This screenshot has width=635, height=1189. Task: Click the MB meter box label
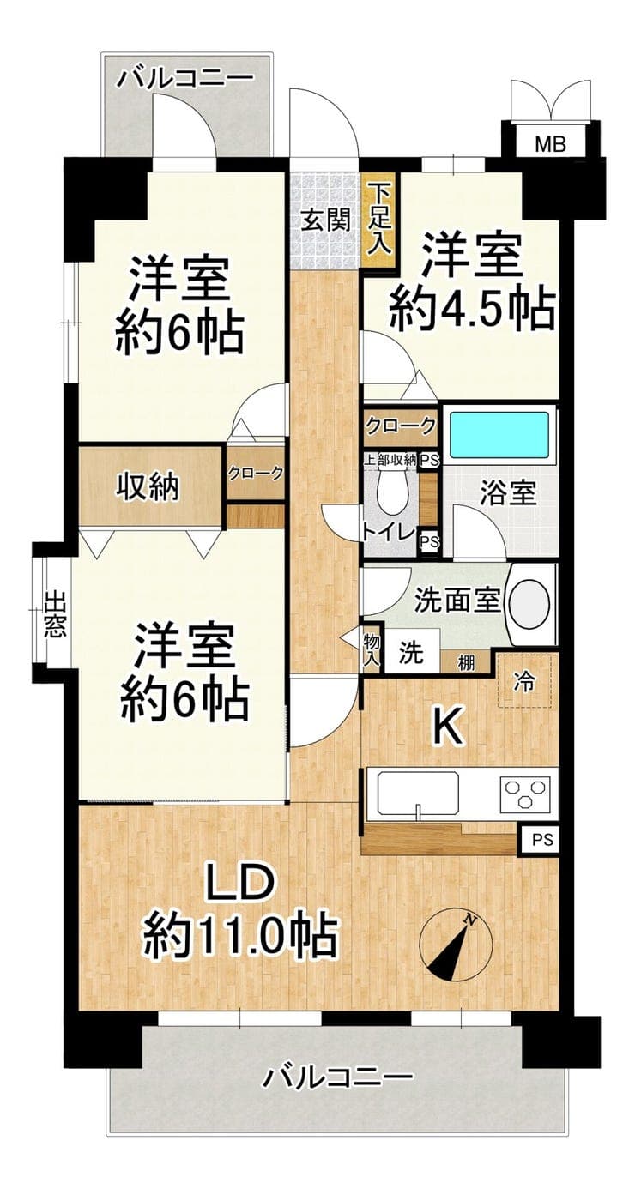tap(550, 144)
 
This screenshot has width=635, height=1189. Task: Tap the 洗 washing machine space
tap(412, 651)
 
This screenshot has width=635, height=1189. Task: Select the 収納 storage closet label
tap(148, 486)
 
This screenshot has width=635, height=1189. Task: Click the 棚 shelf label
tap(466, 663)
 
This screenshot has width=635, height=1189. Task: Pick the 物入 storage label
tap(372, 649)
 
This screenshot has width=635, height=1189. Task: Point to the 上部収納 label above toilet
tap(390, 460)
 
